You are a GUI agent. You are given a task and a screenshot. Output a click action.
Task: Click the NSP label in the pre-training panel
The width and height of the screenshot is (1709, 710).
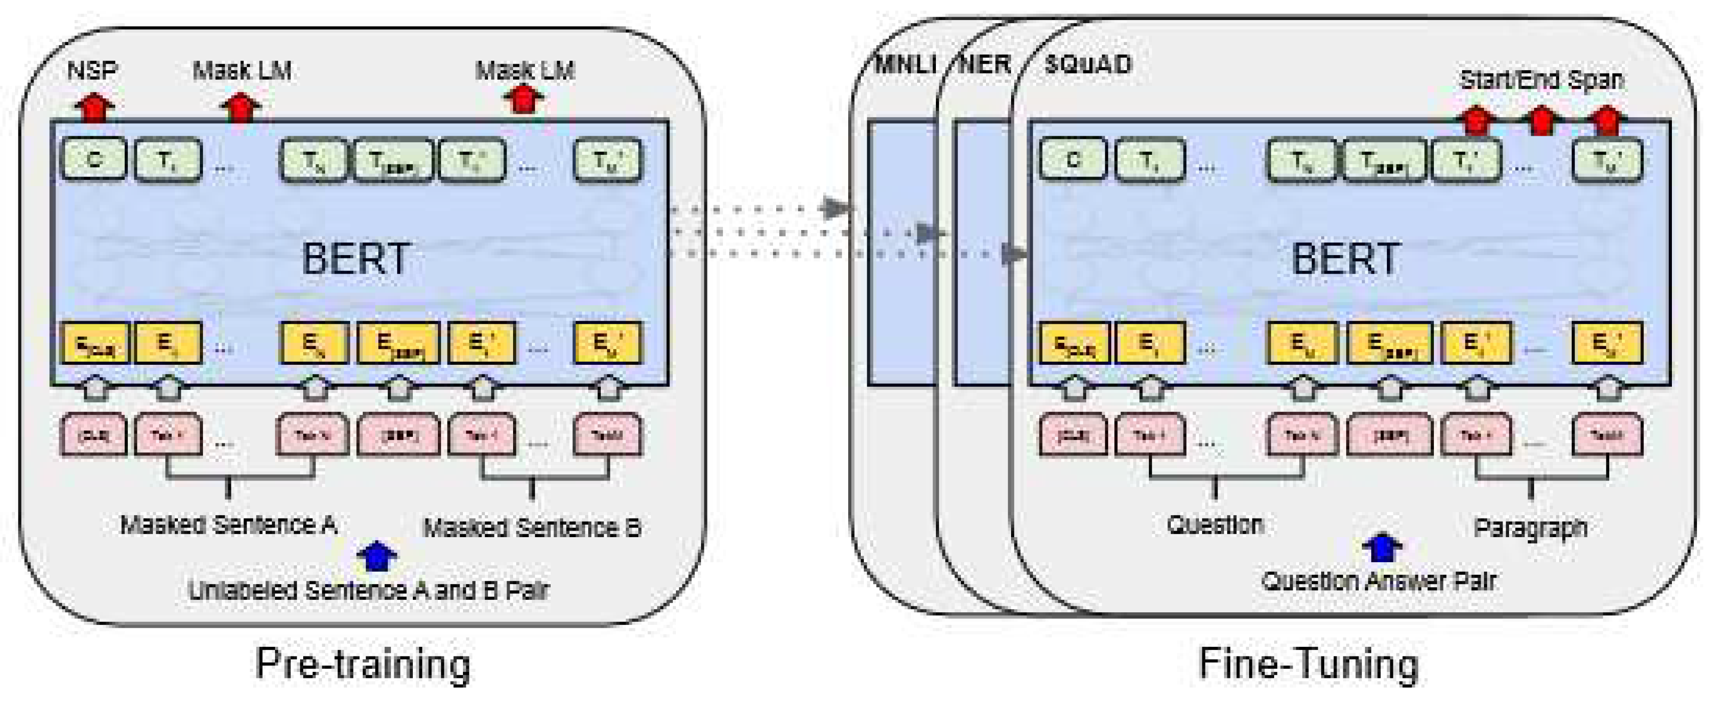(x=93, y=70)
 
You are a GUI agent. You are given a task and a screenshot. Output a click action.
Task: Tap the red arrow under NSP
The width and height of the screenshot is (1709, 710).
(x=94, y=108)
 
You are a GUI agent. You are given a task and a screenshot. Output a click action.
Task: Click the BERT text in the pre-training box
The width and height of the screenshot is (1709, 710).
(x=356, y=259)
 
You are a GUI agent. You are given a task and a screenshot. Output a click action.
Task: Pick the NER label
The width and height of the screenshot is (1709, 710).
(x=985, y=64)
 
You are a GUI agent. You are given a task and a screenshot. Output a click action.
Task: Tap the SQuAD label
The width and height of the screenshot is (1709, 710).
(x=1088, y=64)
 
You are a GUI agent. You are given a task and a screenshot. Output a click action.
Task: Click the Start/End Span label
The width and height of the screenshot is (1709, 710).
(x=1541, y=80)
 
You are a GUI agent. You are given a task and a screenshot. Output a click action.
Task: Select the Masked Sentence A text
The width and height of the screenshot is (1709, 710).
(x=228, y=525)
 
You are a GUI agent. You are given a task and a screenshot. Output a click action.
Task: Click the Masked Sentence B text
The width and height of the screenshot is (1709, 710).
(x=532, y=528)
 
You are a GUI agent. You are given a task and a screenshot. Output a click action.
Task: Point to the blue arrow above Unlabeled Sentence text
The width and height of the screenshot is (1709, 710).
(x=377, y=556)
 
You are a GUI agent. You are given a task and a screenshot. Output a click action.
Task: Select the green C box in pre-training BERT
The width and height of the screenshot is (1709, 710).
(x=94, y=159)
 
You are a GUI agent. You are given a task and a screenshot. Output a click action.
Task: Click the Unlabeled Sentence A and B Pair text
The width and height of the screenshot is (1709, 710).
(x=369, y=590)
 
